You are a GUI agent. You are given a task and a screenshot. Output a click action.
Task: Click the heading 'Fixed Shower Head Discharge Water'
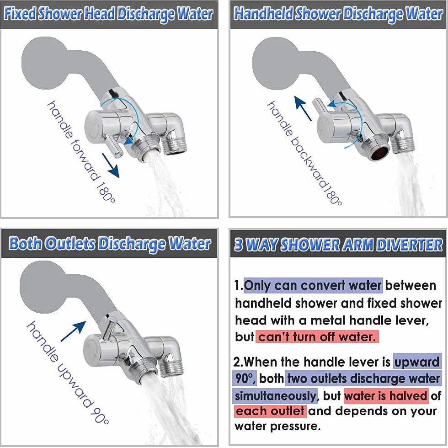[x=109, y=14]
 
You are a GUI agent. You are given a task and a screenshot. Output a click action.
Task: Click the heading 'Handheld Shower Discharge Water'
[x=338, y=14]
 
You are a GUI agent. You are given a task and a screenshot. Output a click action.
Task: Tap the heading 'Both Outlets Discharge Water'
[x=110, y=244]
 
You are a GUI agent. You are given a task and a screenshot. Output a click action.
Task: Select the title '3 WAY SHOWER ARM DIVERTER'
[x=338, y=245]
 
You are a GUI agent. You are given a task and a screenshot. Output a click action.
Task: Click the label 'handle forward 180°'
[x=81, y=151]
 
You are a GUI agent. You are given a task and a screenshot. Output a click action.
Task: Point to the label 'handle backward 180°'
[x=304, y=153]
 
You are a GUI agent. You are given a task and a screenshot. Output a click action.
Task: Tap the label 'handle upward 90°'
[x=68, y=373]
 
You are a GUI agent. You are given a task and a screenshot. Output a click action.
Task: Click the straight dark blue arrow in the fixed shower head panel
[x=111, y=165]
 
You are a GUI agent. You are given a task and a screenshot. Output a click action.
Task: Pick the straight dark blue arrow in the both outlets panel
[x=74, y=331]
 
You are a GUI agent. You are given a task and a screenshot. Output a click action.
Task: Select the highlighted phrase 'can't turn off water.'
[x=317, y=337]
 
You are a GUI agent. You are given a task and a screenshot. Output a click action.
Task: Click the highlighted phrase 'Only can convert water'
[x=313, y=285]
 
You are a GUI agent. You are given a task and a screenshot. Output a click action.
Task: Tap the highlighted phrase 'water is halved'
[x=386, y=396]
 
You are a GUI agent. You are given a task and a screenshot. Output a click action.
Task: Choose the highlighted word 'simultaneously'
[x=275, y=396]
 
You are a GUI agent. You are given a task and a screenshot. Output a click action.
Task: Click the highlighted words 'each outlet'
[x=270, y=411]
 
